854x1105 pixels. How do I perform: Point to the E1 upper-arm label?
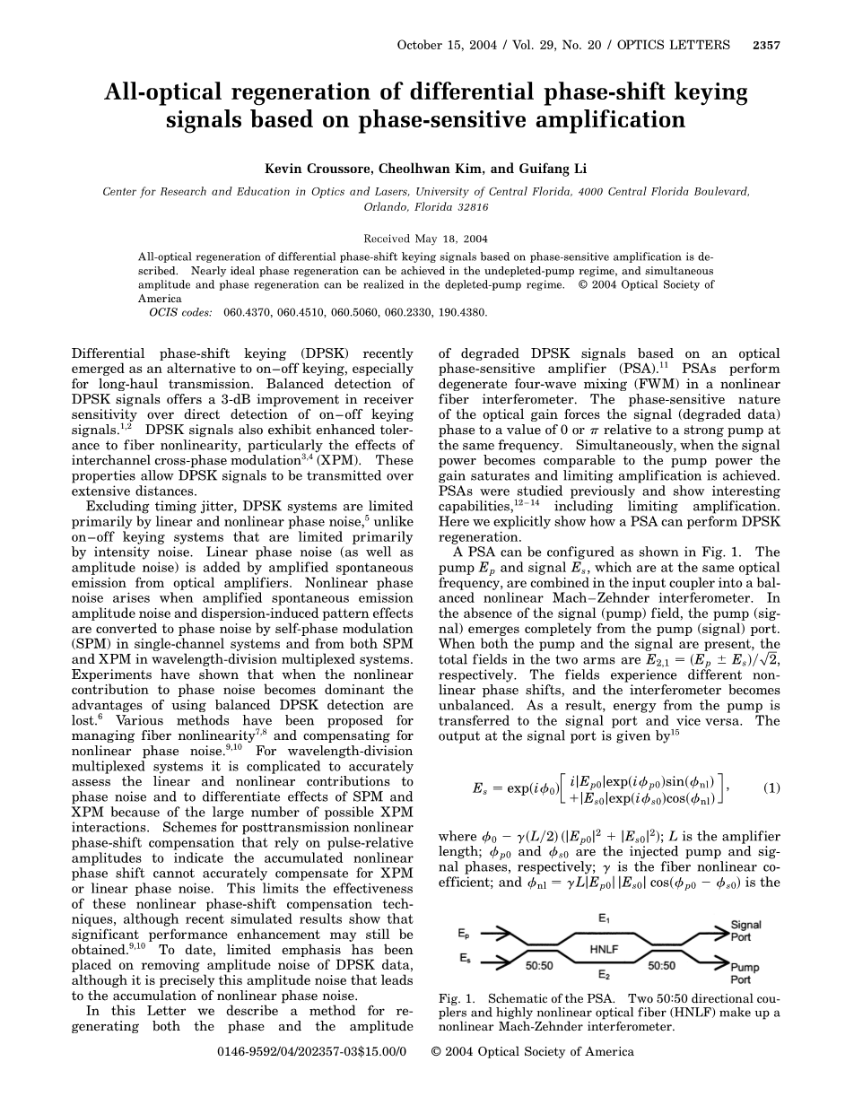tap(603, 918)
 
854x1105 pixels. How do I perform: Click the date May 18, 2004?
tap(454, 239)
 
